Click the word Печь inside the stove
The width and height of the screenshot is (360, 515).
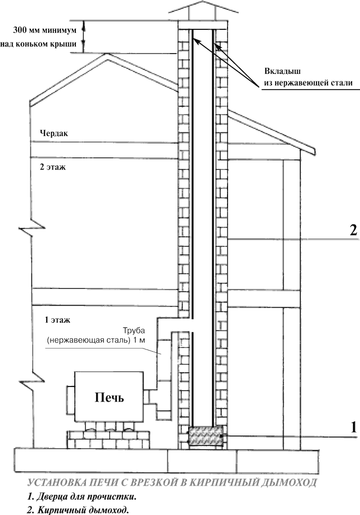click(109, 398)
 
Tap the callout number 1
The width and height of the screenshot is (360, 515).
click(353, 427)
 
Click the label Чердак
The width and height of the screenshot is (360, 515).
click(54, 133)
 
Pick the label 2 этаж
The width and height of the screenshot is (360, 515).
click(53, 167)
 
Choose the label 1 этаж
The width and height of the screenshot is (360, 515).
click(58, 320)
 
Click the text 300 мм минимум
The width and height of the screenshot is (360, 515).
click(44, 30)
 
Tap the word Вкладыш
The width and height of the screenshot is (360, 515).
click(283, 71)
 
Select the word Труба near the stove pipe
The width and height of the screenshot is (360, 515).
click(133, 330)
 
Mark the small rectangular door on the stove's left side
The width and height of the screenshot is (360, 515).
click(71, 398)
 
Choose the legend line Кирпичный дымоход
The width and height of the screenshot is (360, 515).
click(78, 510)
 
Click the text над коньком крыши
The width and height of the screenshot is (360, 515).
click(38, 44)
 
